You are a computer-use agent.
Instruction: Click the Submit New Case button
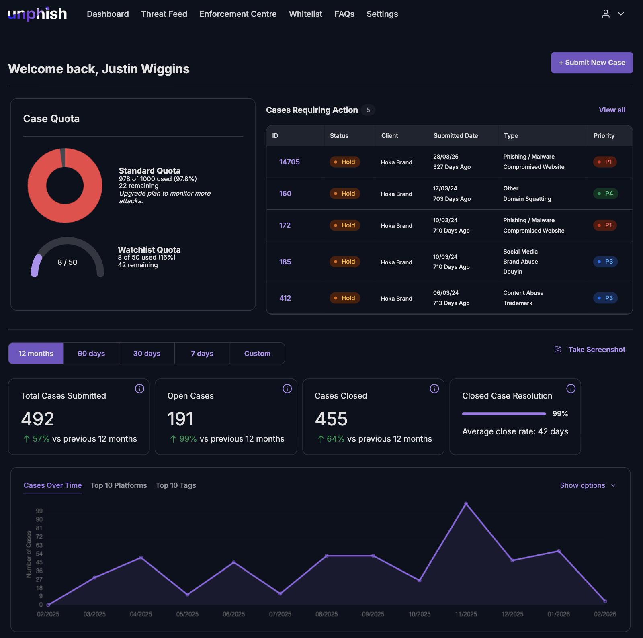coord(592,63)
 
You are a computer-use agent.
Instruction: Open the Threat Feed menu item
coord(164,14)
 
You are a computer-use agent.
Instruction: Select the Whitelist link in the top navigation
coord(305,14)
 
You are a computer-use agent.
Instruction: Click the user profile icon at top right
coord(606,14)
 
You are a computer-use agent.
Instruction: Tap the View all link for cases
coord(612,110)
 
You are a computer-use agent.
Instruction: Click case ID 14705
coord(289,162)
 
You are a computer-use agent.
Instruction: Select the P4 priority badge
coord(606,194)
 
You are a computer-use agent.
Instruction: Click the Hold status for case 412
coord(345,298)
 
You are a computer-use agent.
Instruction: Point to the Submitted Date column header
coord(456,136)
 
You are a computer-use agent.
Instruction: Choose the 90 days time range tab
coord(91,354)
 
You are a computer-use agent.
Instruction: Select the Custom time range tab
coord(257,354)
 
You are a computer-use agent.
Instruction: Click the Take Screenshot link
coord(596,350)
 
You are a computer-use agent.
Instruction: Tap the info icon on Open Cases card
coord(287,389)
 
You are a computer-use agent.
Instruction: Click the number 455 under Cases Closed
coord(331,419)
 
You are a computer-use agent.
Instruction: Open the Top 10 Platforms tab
coord(119,485)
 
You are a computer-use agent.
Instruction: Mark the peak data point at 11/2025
coord(466,503)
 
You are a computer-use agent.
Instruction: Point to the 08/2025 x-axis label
coord(326,614)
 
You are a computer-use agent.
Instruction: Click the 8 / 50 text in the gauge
coord(68,262)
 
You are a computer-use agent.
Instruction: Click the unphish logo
coord(37,14)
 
